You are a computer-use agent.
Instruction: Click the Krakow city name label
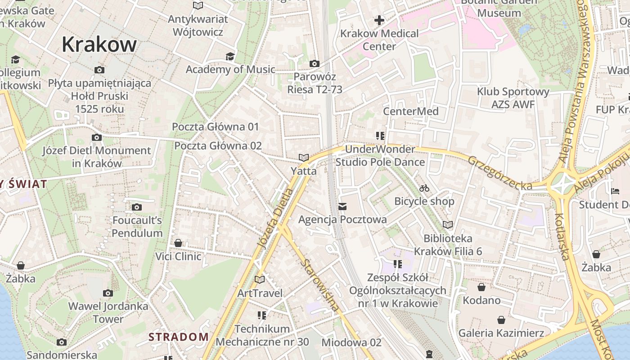click(x=99, y=44)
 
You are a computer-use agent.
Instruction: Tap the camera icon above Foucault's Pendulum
click(x=137, y=207)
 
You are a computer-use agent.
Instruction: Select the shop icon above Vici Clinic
click(x=178, y=243)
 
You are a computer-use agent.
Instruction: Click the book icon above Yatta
click(x=304, y=157)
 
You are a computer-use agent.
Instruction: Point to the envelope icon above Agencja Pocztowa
click(x=342, y=206)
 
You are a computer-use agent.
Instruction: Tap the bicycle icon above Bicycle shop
click(x=424, y=188)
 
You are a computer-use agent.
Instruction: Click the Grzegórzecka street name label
click(x=499, y=172)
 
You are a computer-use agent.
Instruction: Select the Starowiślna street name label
click(x=320, y=285)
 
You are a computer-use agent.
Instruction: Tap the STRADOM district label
click(x=179, y=337)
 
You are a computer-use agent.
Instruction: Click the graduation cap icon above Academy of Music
click(x=230, y=56)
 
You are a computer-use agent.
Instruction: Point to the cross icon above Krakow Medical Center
click(x=379, y=20)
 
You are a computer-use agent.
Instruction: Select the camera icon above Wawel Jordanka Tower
click(x=108, y=293)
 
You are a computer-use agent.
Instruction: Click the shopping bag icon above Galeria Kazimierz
click(x=501, y=320)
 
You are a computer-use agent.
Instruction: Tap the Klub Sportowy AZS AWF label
click(x=513, y=98)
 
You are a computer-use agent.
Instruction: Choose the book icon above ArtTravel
click(x=259, y=279)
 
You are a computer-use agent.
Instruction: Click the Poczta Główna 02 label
click(x=218, y=146)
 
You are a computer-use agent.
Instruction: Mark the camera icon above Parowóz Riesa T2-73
click(x=314, y=64)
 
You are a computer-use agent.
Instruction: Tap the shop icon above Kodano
click(x=481, y=287)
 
